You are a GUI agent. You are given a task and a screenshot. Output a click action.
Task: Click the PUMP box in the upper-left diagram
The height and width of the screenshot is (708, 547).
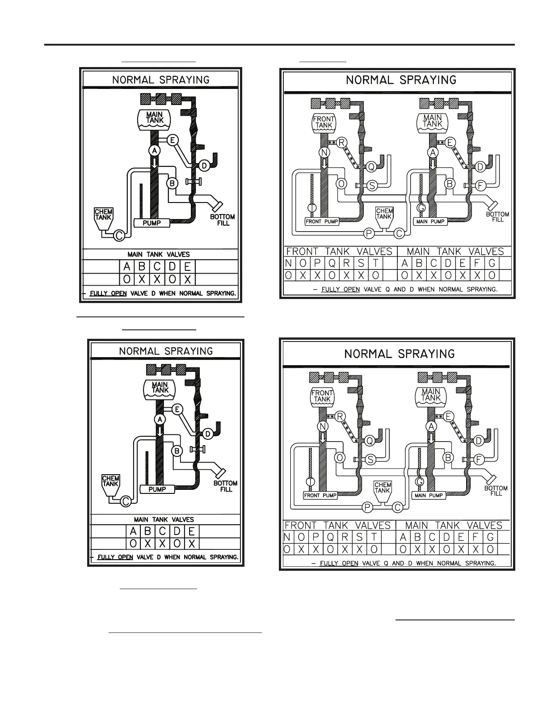(x=152, y=223)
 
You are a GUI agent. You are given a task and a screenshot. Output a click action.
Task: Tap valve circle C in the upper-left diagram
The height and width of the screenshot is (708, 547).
(x=119, y=235)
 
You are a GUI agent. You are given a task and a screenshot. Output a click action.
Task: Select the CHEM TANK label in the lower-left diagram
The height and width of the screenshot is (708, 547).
(x=110, y=481)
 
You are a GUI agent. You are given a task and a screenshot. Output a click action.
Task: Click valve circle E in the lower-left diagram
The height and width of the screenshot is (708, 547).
(x=177, y=409)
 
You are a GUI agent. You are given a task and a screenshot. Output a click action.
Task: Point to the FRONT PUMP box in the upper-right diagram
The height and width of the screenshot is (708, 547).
(x=322, y=221)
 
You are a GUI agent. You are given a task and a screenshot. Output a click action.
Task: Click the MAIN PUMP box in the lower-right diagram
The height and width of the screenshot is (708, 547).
(x=429, y=495)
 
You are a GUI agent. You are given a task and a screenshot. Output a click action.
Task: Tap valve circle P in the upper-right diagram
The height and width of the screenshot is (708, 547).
(x=369, y=233)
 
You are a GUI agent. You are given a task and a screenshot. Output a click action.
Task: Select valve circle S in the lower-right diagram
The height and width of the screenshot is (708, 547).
(x=370, y=459)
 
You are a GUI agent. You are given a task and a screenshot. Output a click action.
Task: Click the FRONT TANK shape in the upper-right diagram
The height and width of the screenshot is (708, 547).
(x=324, y=122)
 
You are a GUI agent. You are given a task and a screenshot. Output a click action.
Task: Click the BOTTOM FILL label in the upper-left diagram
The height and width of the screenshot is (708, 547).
(x=223, y=219)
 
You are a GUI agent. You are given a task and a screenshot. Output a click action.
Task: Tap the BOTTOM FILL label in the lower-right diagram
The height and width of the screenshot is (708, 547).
(x=496, y=491)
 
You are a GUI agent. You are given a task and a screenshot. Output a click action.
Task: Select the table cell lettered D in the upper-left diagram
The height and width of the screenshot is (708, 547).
(x=173, y=267)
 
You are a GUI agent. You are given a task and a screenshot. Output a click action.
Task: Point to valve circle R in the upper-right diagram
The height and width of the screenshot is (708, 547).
(x=341, y=143)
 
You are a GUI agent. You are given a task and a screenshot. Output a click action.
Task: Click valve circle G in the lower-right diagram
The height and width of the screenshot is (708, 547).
(x=419, y=482)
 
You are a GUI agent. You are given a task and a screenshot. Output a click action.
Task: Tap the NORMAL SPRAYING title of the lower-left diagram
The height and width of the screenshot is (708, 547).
(x=166, y=351)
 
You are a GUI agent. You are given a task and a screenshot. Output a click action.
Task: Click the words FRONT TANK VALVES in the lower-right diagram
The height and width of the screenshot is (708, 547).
(x=337, y=526)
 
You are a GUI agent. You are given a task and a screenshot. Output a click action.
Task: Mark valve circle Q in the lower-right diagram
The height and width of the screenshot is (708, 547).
(x=370, y=441)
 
